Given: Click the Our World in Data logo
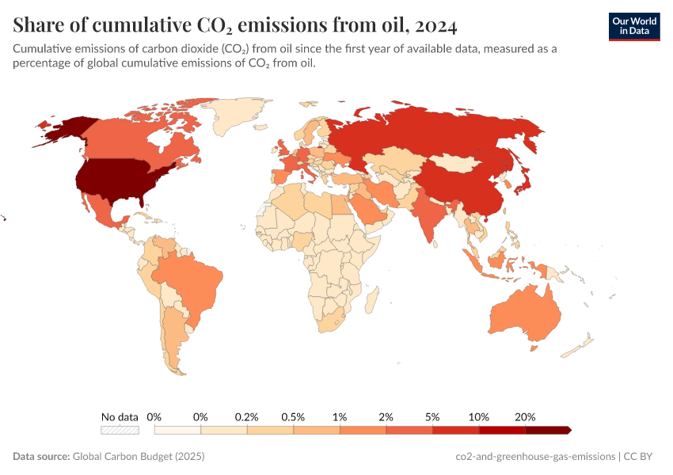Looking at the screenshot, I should (x=633, y=25).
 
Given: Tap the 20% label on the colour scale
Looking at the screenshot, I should (x=525, y=416).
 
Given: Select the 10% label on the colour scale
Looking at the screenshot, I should (x=479, y=416).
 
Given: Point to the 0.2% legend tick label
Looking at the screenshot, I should (x=247, y=416).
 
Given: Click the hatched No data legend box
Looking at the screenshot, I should (x=120, y=430).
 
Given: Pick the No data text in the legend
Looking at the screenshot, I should (x=120, y=416).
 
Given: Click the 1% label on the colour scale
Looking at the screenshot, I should (x=340, y=416).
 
